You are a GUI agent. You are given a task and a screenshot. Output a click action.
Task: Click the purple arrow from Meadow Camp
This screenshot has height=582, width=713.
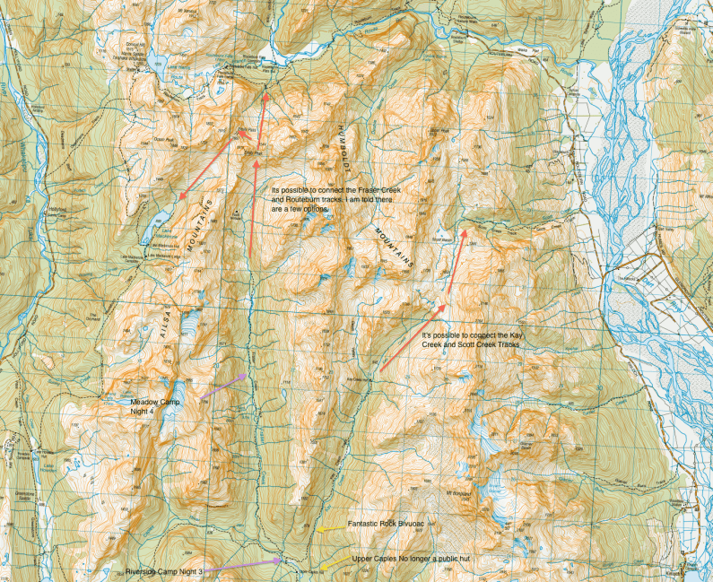(222, 387)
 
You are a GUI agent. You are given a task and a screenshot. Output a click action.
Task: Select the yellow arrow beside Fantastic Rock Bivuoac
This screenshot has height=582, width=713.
(331, 529)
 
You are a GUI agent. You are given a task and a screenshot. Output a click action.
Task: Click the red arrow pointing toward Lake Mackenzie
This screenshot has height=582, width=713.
(209, 167)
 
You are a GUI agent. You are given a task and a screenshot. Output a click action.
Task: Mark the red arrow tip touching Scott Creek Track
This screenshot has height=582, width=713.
(465, 230)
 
